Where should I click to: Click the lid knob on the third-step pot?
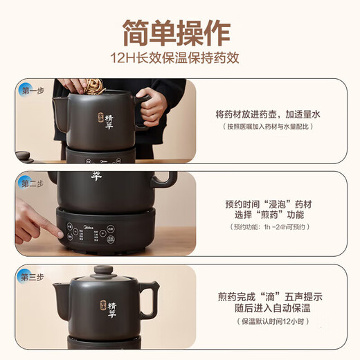(104, 270)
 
